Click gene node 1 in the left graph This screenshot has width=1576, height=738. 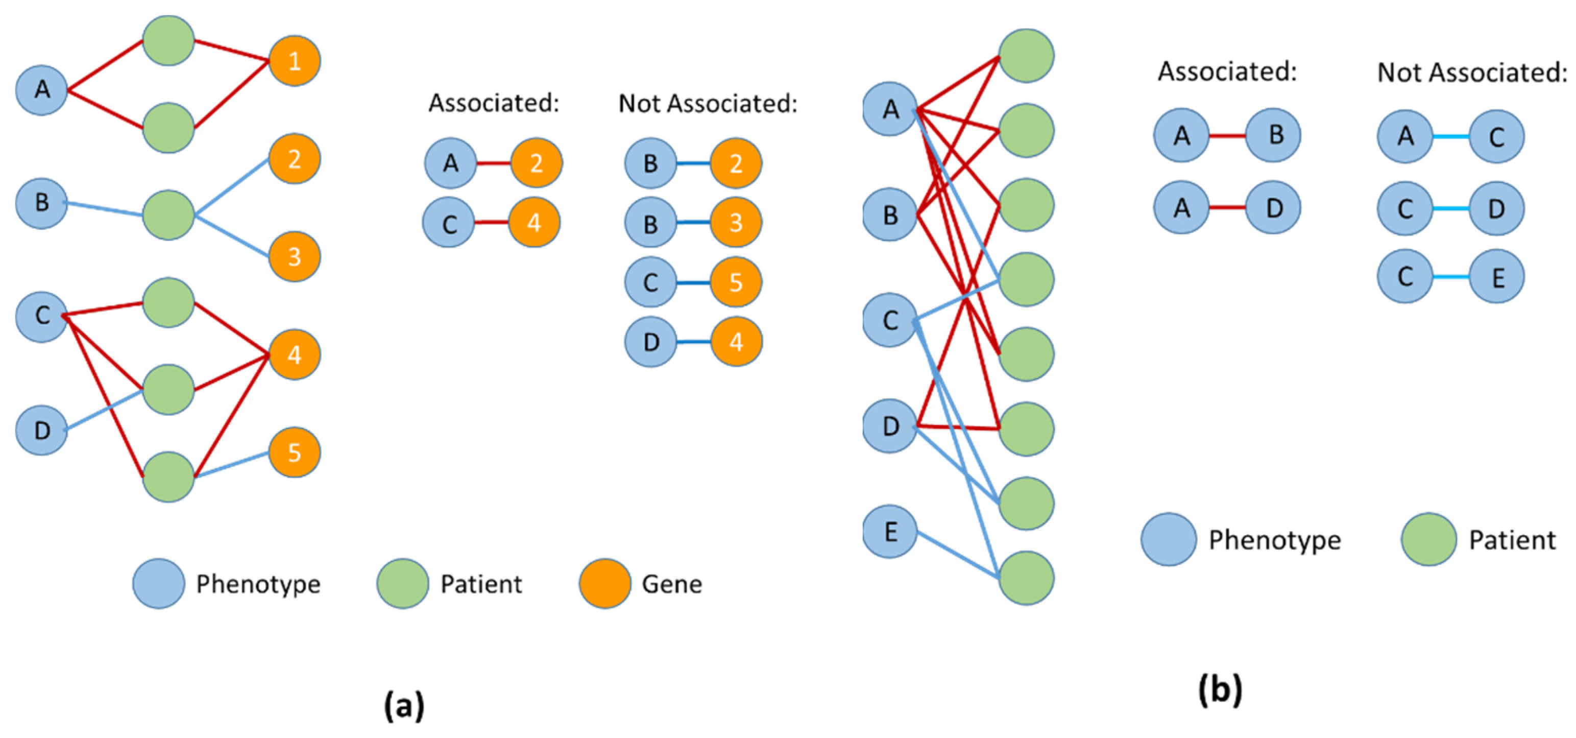coord(294,61)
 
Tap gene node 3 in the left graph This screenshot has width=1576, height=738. coord(294,256)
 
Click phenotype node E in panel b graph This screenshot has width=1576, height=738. coord(890,531)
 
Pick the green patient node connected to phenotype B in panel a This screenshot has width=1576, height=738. coord(168,215)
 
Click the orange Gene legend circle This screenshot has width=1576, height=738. coord(604,583)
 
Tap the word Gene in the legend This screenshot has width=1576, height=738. coord(672,584)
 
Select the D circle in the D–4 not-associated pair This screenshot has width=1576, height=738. coord(651,342)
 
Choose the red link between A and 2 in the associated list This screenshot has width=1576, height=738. coord(494,163)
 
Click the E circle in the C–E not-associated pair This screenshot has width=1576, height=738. coord(1496,277)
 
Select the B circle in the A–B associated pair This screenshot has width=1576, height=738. coord(1274,135)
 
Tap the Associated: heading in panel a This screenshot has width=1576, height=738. coord(494,103)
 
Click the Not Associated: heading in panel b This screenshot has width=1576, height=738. coord(1472,73)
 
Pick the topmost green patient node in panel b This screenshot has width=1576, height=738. coord(1026,56)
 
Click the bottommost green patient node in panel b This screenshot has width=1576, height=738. coord(1026,578)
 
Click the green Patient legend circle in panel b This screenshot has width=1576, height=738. coord(1429,539)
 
